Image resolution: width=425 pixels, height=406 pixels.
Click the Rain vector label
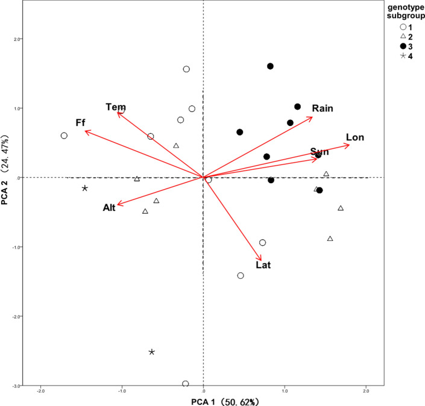click(x=323, y=108)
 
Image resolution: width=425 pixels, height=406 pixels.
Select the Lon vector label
click(x=354, y=137)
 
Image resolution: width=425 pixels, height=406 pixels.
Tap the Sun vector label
click(x=320, y=151)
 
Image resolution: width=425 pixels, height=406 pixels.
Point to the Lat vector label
click(x=264, y=264)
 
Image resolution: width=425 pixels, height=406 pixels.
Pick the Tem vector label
click(x=115, y=107)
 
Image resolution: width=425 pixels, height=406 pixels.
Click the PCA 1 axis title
click(x=203, y=400)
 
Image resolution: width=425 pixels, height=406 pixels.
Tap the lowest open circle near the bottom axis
click(x=185, y=384)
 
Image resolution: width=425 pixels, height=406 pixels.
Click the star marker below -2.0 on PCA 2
click(x=152, y=352)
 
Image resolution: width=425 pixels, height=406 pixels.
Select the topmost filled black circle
click(x=270, y=66)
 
